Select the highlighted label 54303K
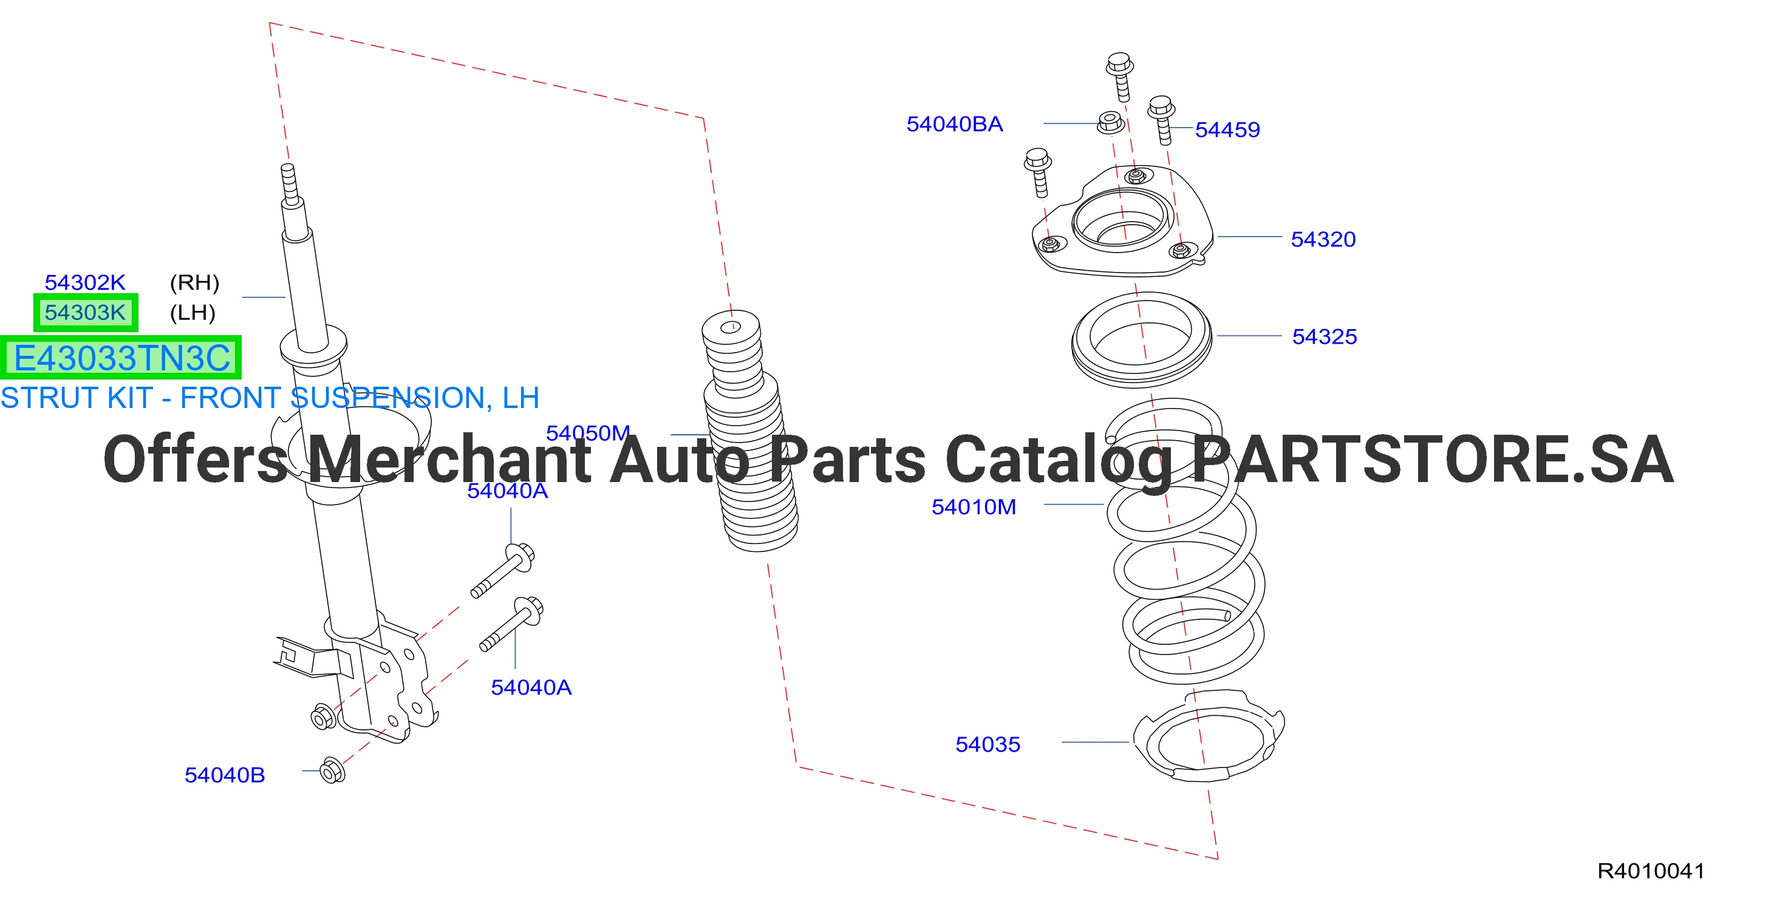[x=86, y=313]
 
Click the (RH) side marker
[x=194, y=282]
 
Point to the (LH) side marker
[x=193, y=313]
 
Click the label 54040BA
[x=955, y=124]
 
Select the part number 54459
[x=1227, y=129]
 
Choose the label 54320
[x=1323, y=239]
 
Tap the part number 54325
[x=1325, y=336]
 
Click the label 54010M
[x=974, y=506]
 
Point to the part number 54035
[x=988, y=744]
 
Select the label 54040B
[x=225, y=775]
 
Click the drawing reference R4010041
[x=1651, y=871]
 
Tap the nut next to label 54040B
[x=333, y=771]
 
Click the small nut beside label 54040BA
[x=1110, y=122]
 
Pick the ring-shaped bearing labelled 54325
[x=1141, y=340]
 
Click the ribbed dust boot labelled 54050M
[x=749, y=431]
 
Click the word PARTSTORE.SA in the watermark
[x=1433, y=459]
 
